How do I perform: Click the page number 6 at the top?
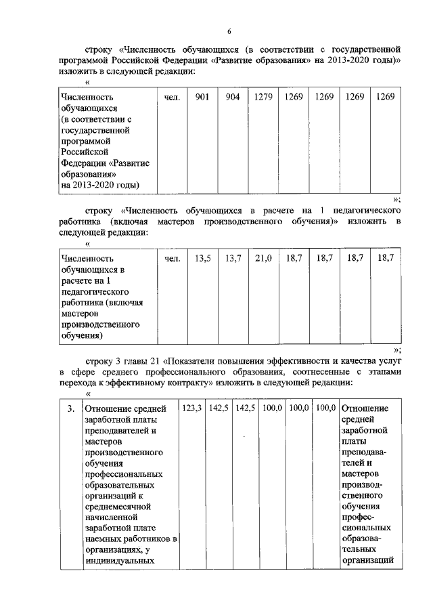click(229, 30)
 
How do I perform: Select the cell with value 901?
click(202, 98)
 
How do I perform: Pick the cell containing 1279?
click(263, 98)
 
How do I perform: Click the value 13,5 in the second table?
click(202, 258)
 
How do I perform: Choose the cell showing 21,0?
click(263, 258)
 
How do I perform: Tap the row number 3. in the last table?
click(70, 408)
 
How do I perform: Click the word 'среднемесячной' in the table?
click(116, 506)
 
